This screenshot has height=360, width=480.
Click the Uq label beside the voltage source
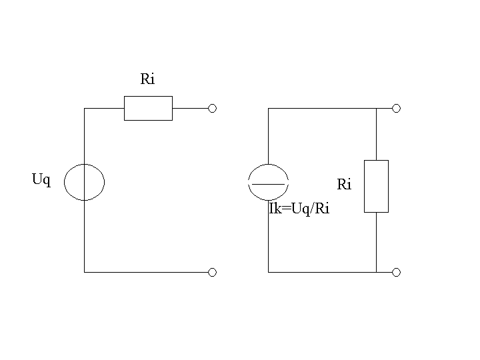click(x=41, y=179)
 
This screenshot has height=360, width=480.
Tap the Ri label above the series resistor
click(x=147, y=79)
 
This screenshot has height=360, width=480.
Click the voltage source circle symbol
click(x=64, y=183)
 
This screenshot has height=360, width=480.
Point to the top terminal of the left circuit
click(x=212, y=109)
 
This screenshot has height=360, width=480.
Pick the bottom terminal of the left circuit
click(x=212, y=272)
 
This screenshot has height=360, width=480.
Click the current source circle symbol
click(x=248, y=183)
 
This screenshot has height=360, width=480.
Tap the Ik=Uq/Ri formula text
click(x=299, y=209)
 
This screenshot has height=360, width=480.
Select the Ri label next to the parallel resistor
click(x=344, y=184)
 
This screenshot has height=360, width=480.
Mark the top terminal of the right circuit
click(x=396, y=109)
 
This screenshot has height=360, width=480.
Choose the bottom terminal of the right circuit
click(x=396, y=272)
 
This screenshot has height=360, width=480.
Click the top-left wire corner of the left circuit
click(x=85, y=109)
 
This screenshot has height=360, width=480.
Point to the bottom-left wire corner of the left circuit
click(x=85, y=272)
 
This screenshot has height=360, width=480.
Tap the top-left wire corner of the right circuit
click(x=269, y=109)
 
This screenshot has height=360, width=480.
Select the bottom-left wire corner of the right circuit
click(x=269, y=272)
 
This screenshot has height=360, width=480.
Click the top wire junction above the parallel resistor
click(x=376, y=109)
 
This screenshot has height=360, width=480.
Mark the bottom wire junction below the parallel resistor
click(x=376, y=272)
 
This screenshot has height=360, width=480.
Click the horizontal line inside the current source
click(x=268, y=184)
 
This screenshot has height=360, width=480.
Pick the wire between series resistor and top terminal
click(x=190, y=109)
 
